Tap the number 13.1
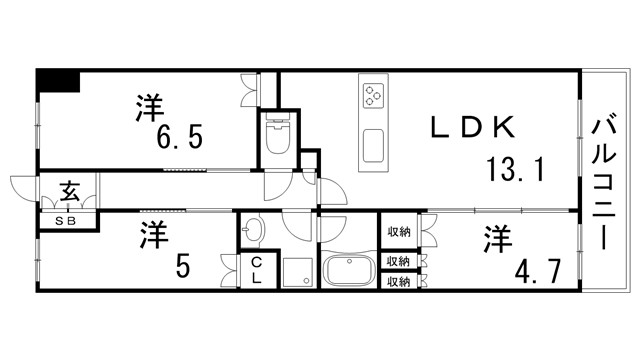tap(515, 169)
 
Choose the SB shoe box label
tap(68, 220)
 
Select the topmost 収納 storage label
tap(399, 232)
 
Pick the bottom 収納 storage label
tap(399, 282)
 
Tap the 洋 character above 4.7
tap(499, 239)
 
